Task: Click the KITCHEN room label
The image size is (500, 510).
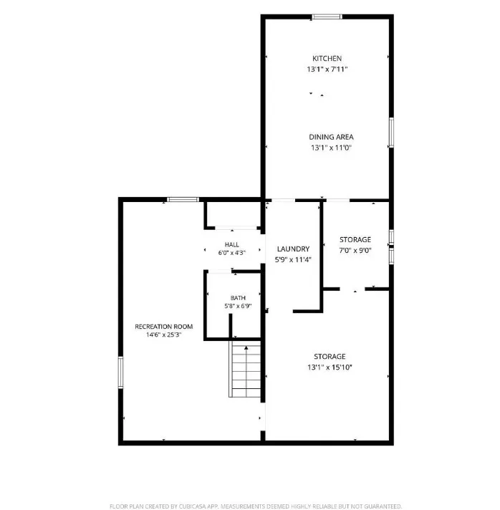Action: [x=327, y=59]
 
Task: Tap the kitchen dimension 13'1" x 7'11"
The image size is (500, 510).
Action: [x=327, y=69]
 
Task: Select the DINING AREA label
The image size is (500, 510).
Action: [x=331, y=137]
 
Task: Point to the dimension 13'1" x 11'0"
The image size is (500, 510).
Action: [x=331, y=148]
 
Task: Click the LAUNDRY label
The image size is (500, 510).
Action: [x=293, y=249]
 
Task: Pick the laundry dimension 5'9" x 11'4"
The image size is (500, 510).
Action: [x=293, y=259]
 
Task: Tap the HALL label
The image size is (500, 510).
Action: [x=232, y=244]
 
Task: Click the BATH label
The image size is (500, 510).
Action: [x=238, y=298]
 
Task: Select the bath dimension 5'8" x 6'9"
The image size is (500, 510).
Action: [x=238, y=306]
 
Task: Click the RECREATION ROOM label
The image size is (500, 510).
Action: [x=163, y=327]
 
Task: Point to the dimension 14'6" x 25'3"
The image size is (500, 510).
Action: [x=163, y=335]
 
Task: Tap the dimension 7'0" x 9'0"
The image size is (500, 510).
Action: [x=355, y=251]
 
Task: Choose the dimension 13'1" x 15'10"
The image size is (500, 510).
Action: [x=330, y=367]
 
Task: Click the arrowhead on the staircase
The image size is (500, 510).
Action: [x=246, y=348]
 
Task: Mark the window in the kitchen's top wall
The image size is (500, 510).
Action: [x=327, y=17]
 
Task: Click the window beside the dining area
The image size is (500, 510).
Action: [x=392, y=133]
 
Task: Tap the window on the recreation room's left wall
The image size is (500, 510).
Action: [x=120, y=372]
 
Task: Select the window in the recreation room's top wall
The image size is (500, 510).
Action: [x=183, y=199]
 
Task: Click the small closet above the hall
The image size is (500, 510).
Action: [x=234, y=214]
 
